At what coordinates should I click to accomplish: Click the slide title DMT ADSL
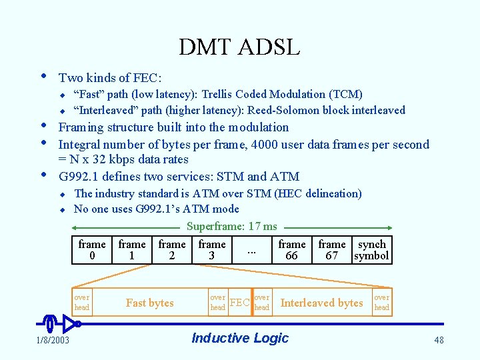[x=239, y=47]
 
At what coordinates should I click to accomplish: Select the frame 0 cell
[x=92, y=250]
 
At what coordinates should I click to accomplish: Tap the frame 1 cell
[x=132, y=250]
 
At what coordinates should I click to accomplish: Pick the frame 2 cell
[x=172, y=250]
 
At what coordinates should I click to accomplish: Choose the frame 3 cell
[x=212, y=250]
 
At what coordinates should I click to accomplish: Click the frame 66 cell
[x=292, y=250]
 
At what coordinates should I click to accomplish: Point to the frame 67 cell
[x=332, y=250]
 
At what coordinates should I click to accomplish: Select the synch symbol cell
[x=371, y=250]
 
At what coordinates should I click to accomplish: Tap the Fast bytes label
[x=149, y=303]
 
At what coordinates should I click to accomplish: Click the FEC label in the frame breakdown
[x=239, y=303]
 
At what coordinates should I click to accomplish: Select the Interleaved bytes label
[x=321, y=303]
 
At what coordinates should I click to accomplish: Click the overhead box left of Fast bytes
[x=82, y=303]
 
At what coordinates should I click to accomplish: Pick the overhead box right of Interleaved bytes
[x=381, y=303]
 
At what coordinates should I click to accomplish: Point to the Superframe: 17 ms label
[x=231, y=227]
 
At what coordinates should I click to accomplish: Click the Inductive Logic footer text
[x=240, y=338]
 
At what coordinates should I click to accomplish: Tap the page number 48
[x=439, y=341]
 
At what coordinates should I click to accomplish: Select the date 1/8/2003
[x=53, y=341]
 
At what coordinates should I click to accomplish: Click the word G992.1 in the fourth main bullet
[x=79, y=177]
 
